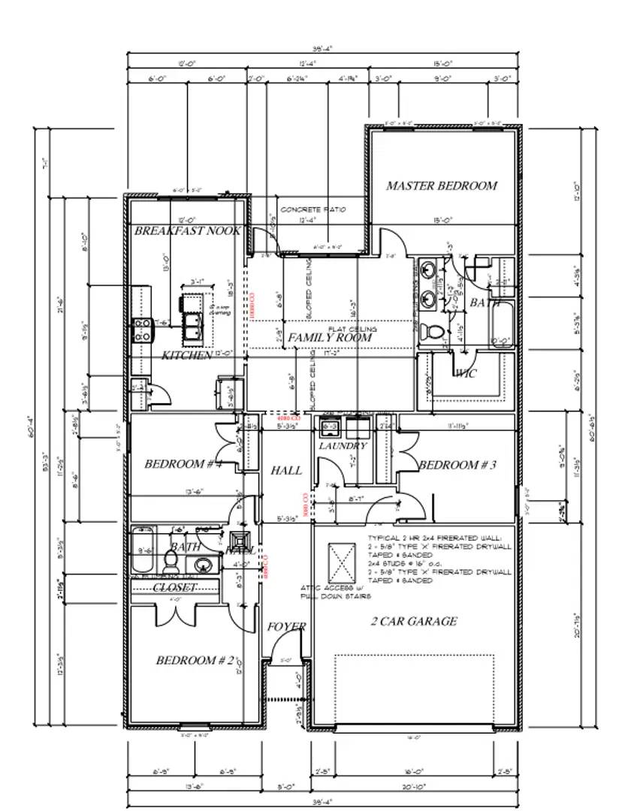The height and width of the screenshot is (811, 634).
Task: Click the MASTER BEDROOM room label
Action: point(441,185)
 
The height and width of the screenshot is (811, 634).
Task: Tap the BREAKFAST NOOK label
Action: point(188,231)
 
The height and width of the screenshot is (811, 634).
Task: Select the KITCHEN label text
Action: point(187,355)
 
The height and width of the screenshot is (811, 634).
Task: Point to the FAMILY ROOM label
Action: point(330,338)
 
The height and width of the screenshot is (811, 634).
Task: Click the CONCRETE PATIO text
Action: point(312,210)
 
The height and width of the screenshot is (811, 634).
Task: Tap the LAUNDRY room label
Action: point(343,446)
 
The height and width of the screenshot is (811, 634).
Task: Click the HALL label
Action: point(286,471)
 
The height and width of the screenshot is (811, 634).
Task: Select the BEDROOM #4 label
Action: point(183,464)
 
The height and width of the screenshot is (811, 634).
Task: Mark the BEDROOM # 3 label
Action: point(457,465)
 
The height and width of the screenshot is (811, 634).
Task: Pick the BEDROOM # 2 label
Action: point(197,660)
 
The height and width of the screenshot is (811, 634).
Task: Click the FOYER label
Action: point(286,626)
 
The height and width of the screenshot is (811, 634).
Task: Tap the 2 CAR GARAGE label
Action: point(413,621)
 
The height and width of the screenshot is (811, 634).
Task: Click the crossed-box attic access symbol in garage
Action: point(343,559)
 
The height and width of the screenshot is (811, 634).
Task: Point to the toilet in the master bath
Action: point(431,331)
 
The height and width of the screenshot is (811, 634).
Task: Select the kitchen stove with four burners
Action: point(142,330)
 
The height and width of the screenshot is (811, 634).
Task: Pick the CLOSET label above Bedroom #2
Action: point(175,587)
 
